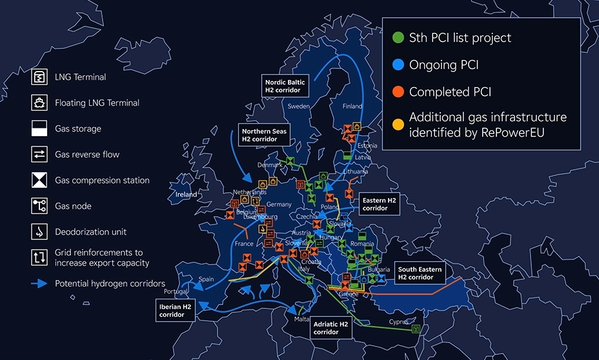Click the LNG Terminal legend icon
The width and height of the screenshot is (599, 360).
click(39, 77)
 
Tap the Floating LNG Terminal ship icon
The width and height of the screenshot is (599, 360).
click(39, 103)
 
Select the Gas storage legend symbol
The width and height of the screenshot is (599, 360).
click(39, 128)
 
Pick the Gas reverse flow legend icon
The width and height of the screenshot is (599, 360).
click(39, 154)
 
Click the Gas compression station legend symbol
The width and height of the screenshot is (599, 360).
click(39, 180)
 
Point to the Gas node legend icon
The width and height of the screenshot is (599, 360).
click(39, 206)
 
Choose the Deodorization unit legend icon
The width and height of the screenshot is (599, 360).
click(39, 232)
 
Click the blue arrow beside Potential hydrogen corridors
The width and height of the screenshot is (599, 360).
click(39, 284)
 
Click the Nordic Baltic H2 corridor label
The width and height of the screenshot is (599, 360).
click(284, 86)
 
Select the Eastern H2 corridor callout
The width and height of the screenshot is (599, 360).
click(378, 204)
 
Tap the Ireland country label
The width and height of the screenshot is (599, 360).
click(187, 194)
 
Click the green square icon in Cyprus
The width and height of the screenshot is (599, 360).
click(416, 328)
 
